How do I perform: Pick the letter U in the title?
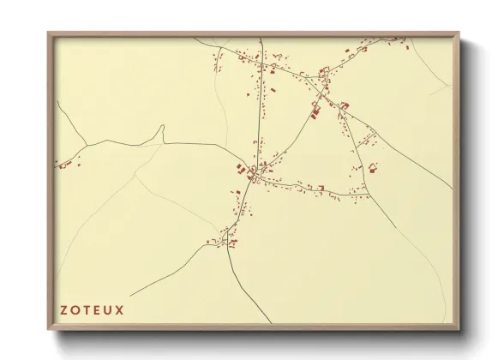[x=111, y=309]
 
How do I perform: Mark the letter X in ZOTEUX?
[x=122, y=309]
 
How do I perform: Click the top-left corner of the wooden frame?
[x=49, y=33]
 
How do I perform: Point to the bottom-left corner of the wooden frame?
[x=49, y=329]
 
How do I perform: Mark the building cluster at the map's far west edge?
[x=64, y=163]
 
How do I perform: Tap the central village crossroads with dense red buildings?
[x=251, y=174]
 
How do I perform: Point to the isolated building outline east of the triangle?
[x=373, y=166]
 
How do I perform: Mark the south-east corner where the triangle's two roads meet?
[x=369, y=196]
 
